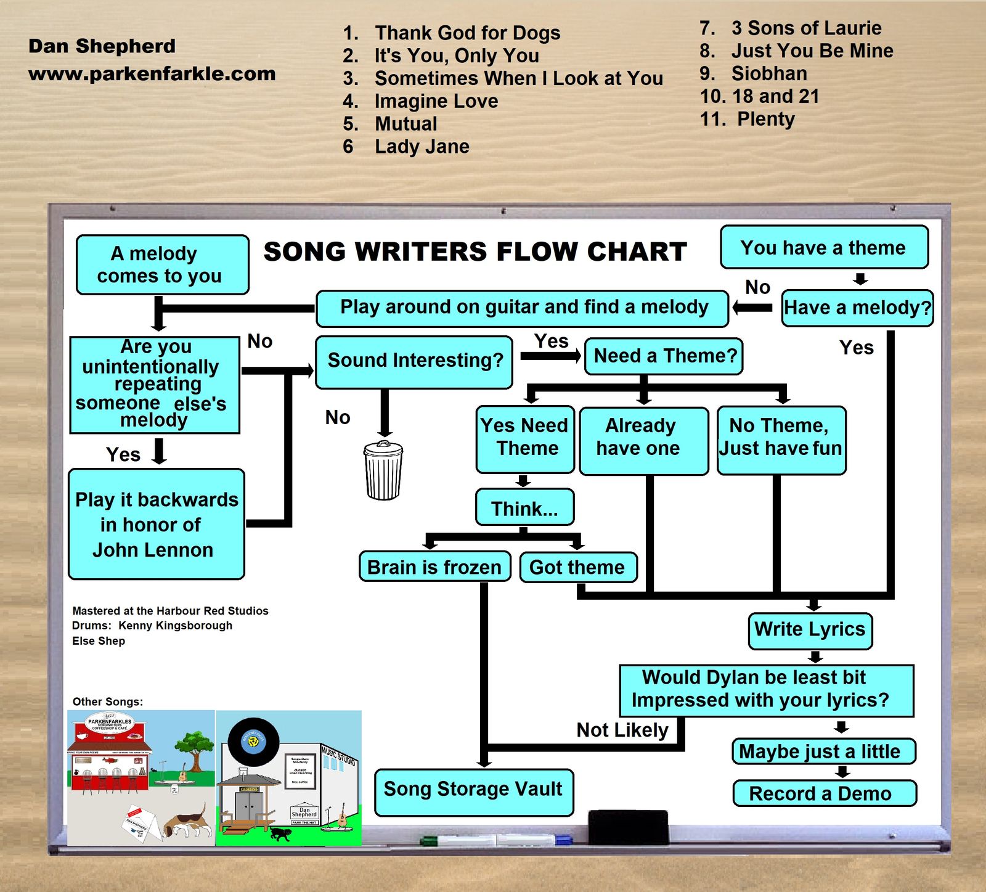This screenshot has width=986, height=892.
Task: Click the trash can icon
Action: point(383,471)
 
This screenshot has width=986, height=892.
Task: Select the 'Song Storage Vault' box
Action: point(473,791)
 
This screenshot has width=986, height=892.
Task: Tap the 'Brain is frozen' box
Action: point(434,567)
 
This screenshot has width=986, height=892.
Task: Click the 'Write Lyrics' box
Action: point(810,630)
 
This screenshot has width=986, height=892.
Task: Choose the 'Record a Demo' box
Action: point(824,793)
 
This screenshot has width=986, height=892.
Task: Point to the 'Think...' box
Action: point(524,508)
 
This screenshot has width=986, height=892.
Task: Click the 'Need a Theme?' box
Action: point(664,356)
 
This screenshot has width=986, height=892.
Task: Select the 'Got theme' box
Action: point(577,567)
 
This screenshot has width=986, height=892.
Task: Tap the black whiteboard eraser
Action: point(628,827)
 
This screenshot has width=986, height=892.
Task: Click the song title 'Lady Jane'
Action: point(422,147)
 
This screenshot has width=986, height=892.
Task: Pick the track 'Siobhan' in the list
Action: point(769,73)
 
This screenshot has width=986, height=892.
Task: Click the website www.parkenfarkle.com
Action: point(152,74)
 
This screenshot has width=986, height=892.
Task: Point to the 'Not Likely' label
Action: point(622,730)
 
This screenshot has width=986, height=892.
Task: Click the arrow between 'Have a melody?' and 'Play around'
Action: point(752,307)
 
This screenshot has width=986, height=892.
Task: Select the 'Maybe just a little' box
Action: point(823,751)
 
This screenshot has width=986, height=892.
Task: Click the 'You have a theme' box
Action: point(823,248)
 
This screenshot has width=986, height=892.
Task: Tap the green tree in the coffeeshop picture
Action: point(195,743)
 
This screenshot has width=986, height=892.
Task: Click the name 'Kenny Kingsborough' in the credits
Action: point(176,626)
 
